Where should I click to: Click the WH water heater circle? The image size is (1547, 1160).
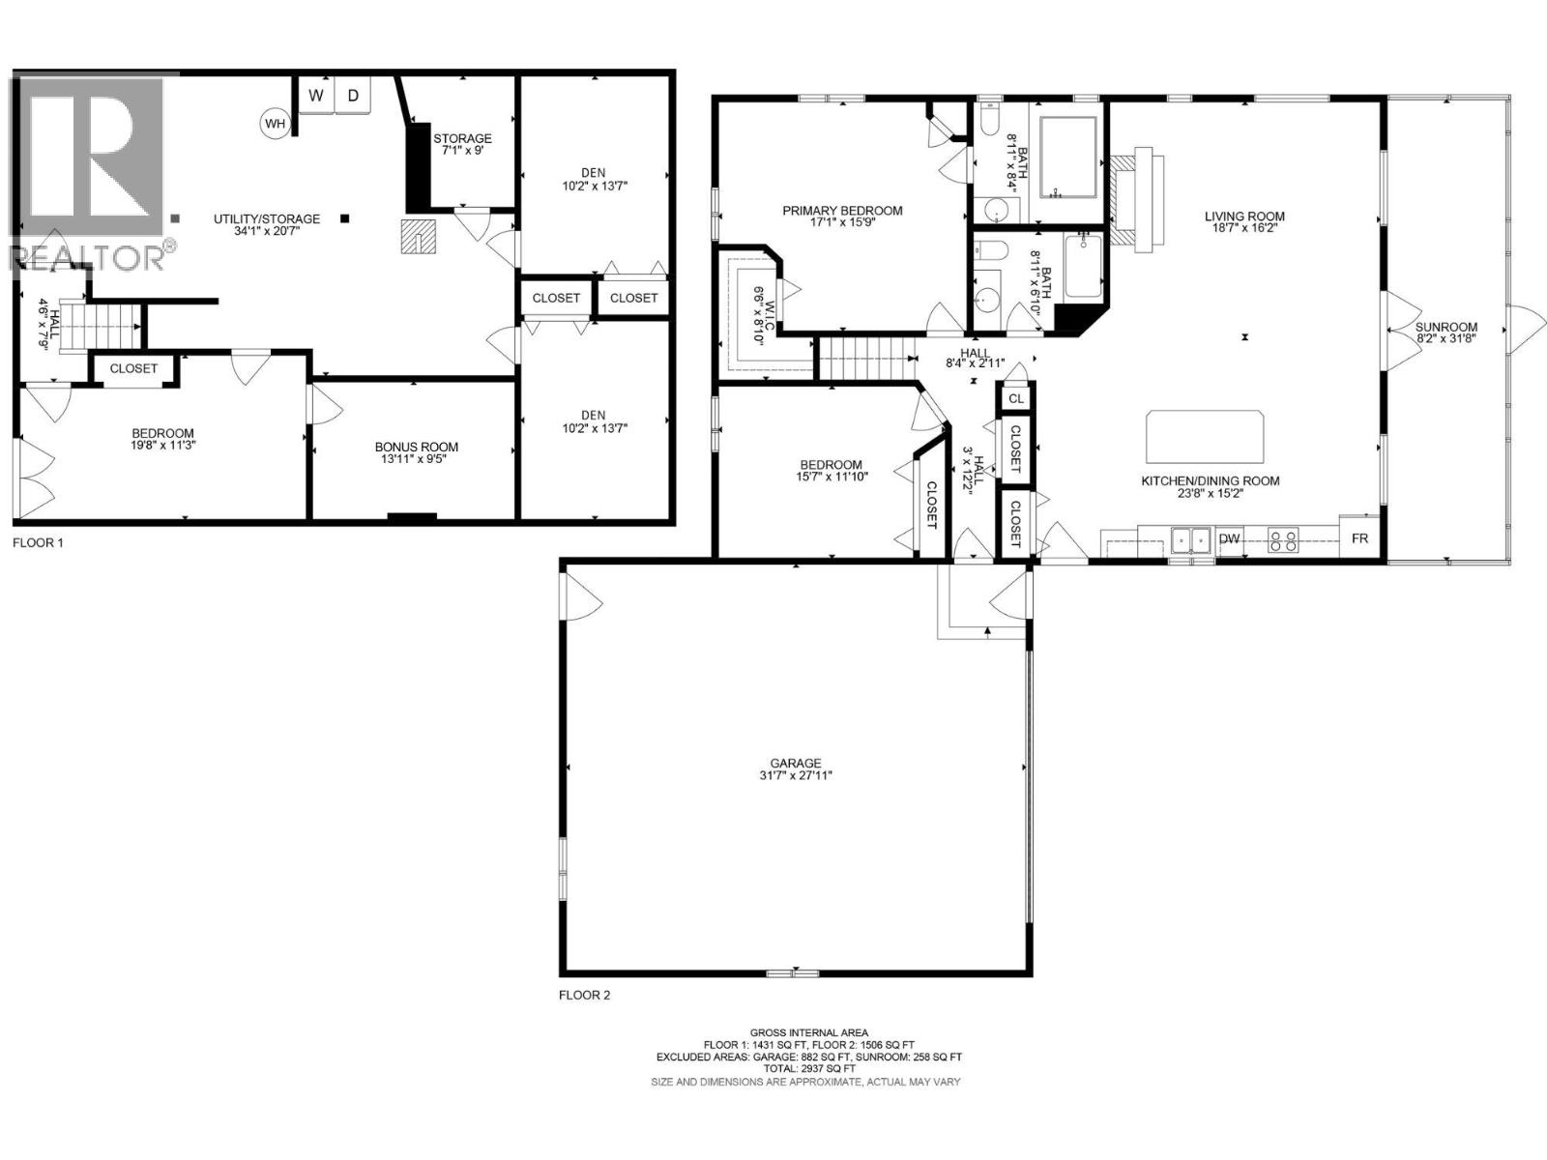click(276, 123)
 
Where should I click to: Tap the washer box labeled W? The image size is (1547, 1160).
click(316, 95)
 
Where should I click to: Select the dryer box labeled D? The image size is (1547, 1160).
click(354, 95)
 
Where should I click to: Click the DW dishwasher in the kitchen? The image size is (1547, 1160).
click(1229, 539)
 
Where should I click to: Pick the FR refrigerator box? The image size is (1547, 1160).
click(1359, 538)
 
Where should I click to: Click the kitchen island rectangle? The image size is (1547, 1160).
click(1206, 436)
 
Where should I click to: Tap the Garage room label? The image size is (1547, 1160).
click(796, 763)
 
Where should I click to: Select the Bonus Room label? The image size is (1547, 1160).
click(417, 447)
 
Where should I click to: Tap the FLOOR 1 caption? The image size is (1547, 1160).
click(38, 543)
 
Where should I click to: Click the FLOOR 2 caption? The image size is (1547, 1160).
click(585, 995)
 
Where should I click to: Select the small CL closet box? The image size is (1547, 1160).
click(1015, 398)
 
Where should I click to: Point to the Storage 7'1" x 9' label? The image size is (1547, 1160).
click(462, 144)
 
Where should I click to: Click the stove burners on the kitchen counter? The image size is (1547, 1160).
click(1284, 539)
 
